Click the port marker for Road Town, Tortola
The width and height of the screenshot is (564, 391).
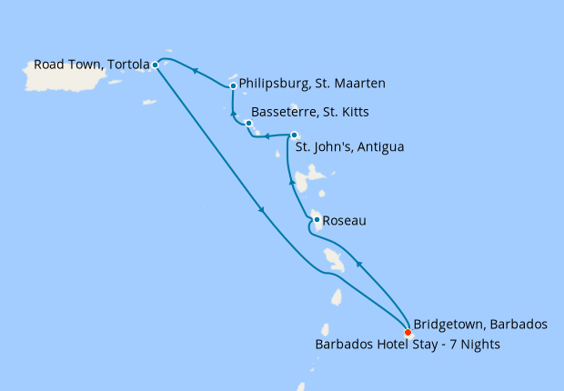[x=156, y=65]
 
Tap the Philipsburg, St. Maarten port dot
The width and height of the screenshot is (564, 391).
[x=234, y=85]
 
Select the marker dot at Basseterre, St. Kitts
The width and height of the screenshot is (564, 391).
[x=248, y=123]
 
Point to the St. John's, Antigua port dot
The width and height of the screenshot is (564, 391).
[x=293, y=135]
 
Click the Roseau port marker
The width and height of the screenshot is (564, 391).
[x=316, y=219]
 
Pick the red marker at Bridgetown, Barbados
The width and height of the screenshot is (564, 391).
[x=408, y=332]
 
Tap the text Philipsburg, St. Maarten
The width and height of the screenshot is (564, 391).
[x=312, y=84]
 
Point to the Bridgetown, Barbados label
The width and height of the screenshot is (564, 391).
[x=479, y=325]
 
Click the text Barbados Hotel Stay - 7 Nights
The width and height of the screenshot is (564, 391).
[x=408, y=345]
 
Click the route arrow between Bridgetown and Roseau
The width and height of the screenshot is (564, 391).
[x=358, y=265]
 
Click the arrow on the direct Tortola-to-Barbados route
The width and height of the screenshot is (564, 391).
[x=263, y=211]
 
